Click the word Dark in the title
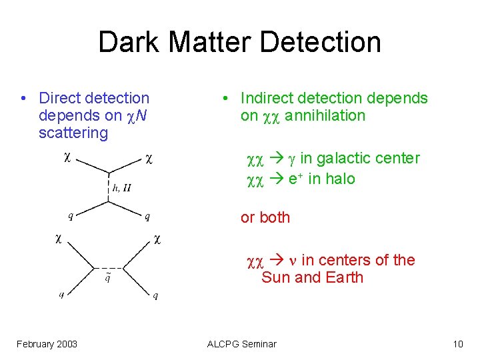[x=129, y=42]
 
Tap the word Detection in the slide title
[x=320, y=42]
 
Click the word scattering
[x=73, y=133]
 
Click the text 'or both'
[x=265, y=217]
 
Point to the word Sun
[x=275, y=277]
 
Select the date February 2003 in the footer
[x=47, y=344]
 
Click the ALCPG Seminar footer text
[x=241, y=344]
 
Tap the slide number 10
[x=457, y=344]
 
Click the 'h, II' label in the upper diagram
[x=121, y=189]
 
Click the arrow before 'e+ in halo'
[x=276, y=179]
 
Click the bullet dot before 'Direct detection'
[x=23, y=99]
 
